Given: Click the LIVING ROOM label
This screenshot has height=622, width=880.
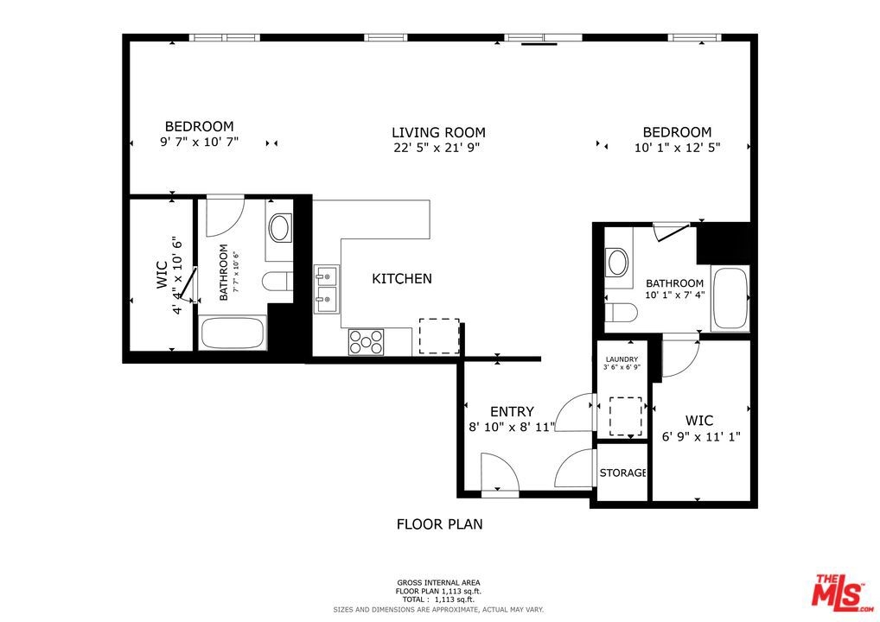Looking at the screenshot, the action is (x=438, y=133).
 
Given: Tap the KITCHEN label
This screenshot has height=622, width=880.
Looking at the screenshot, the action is (x=402, y=279).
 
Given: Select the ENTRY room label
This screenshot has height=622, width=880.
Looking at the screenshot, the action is (x=512, y=412).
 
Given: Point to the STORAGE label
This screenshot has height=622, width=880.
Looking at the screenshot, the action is (x=623, y=473).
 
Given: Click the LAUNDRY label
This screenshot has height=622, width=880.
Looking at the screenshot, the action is (x=622, y=359).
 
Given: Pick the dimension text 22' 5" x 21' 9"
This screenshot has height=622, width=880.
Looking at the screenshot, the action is (x=437, y=148).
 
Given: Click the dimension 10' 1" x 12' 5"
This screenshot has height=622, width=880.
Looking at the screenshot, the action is (x=678, y=148).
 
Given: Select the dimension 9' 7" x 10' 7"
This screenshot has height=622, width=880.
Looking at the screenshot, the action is (x=199, y=142).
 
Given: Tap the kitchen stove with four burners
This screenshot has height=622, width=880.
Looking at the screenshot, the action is (x=366, y=342).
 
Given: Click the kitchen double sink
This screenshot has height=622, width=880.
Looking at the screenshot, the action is (x=326, y=289).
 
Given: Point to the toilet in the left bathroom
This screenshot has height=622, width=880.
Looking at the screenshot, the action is (x=277, y=281).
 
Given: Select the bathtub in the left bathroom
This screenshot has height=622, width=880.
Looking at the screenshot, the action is (x=233, y=333).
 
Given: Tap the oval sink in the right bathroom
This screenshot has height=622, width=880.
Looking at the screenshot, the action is (x=618, y=263).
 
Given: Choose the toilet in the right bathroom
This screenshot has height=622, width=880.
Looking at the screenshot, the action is (x=622, y=313).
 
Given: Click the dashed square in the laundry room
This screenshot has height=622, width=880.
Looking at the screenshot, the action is (x=626, y=416).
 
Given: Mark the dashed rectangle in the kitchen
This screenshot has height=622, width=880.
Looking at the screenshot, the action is (x=439, y=336).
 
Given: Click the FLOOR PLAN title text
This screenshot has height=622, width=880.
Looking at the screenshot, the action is (x=439, y=524).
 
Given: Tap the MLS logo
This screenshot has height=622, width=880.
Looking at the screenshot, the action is (x=843, y=592).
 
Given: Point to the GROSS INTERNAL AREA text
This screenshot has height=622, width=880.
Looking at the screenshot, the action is (x=438, y=583).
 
